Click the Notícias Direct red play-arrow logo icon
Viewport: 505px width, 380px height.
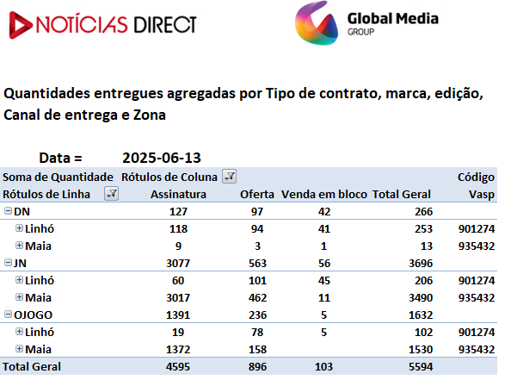pos(20,25)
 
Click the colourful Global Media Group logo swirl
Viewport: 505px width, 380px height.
pos(317,23)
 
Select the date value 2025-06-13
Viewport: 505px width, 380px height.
pos(162,158)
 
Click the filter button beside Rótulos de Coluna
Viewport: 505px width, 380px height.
pos(230,177)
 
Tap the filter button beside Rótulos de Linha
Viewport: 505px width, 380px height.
pos(112,194)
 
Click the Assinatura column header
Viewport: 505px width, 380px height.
pos(178,194)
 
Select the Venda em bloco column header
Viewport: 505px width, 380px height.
pos(324,194)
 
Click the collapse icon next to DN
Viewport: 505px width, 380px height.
pos(8,211)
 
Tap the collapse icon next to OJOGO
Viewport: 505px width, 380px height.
pos(8,315)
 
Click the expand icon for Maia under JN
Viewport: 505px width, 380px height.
pos(19,296)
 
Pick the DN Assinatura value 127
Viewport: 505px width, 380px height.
pos(178,212)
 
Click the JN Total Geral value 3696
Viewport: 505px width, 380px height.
pos(421,263)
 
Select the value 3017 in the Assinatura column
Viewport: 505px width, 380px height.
pos(178,298)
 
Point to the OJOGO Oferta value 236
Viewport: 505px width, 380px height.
pos(257,315)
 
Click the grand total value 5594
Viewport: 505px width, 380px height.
pos(421,367)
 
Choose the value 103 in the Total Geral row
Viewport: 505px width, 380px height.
pos(324,367)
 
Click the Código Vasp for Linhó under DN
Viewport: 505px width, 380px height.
pos(477,228)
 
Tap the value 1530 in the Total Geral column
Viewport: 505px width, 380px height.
pos(421,349)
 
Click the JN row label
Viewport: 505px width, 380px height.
pos(20,263)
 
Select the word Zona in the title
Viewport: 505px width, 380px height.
pos(150,115)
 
